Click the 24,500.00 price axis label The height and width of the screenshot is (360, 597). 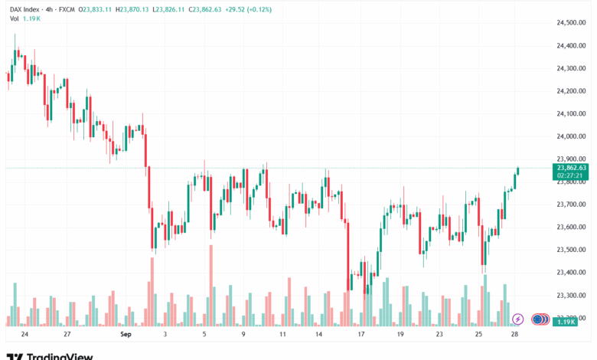coord(572,23)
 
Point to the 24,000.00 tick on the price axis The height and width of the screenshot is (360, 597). coord(572,136)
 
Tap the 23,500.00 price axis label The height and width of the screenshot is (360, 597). coord(572,250)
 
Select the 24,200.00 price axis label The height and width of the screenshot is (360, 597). coord(572,91)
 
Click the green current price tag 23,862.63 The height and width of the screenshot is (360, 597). coord(572,168)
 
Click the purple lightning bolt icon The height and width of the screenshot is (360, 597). coord(518,319)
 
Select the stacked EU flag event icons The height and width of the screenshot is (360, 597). coord(540,319)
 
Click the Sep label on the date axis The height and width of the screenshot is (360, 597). coord(127,335)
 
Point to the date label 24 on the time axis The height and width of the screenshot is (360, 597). coord(25,335)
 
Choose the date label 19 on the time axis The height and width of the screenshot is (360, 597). coord(400,335)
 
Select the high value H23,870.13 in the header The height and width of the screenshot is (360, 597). coord(136,9)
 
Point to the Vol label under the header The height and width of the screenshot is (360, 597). coord(13,20)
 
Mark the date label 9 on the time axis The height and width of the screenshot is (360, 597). coord(243,335)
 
